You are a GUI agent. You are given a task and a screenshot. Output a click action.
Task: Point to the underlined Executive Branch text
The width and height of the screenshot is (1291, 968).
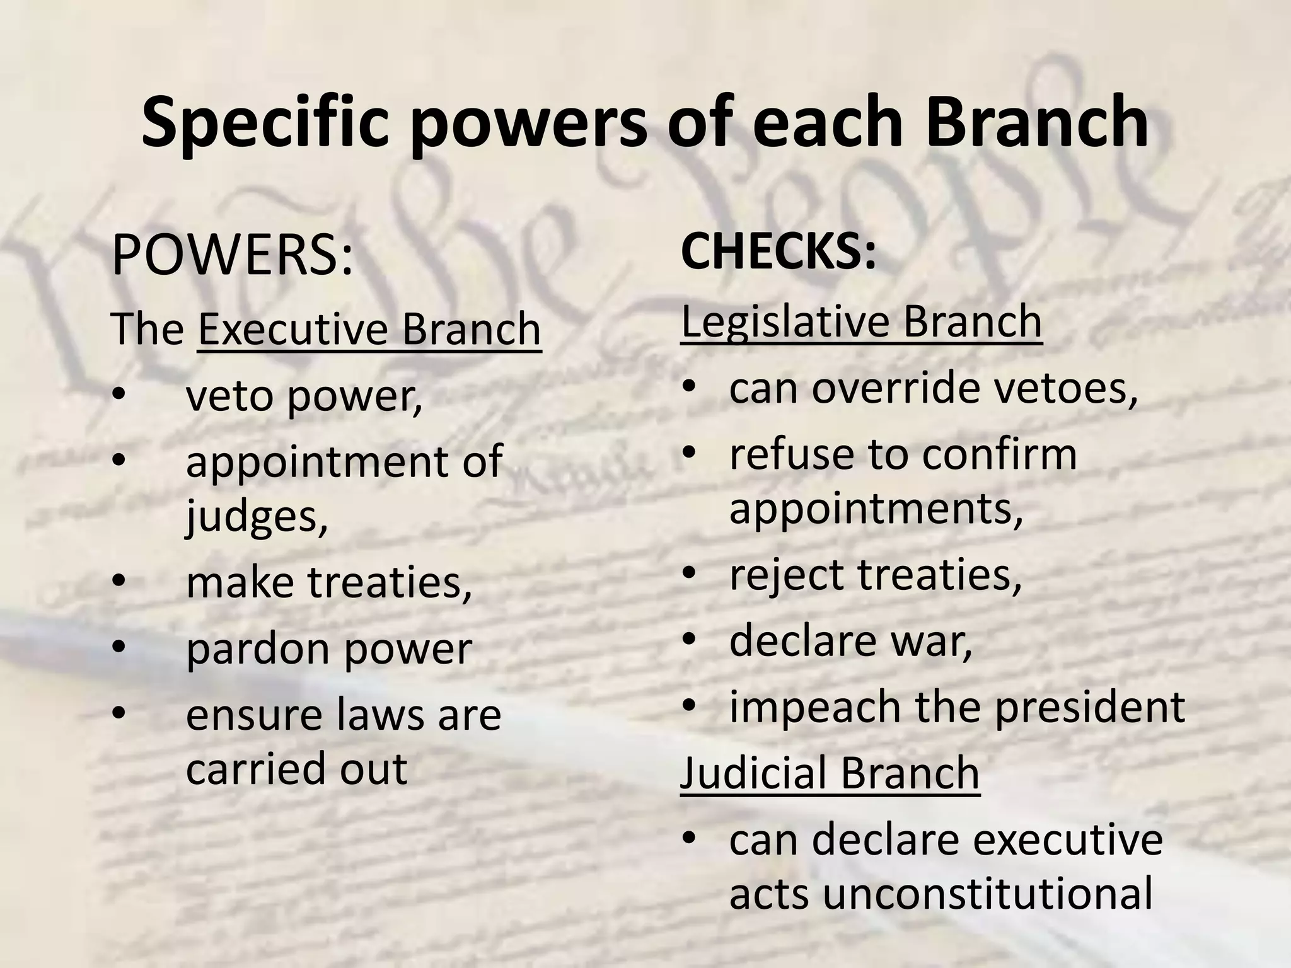pyautogui.click(x=369, y=330)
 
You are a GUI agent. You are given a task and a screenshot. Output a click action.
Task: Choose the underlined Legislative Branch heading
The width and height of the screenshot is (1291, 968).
pyautogui.click(x=861, y=322)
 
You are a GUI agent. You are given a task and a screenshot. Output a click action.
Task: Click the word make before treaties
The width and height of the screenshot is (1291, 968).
pyautogui.click(x=240, y=582)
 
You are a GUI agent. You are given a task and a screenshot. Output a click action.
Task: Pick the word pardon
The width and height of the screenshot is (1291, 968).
pyautogui.click(x=258, y=650)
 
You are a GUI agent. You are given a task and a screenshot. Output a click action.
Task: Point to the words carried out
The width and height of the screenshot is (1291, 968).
pyautogui.click(x=296, y=769)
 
